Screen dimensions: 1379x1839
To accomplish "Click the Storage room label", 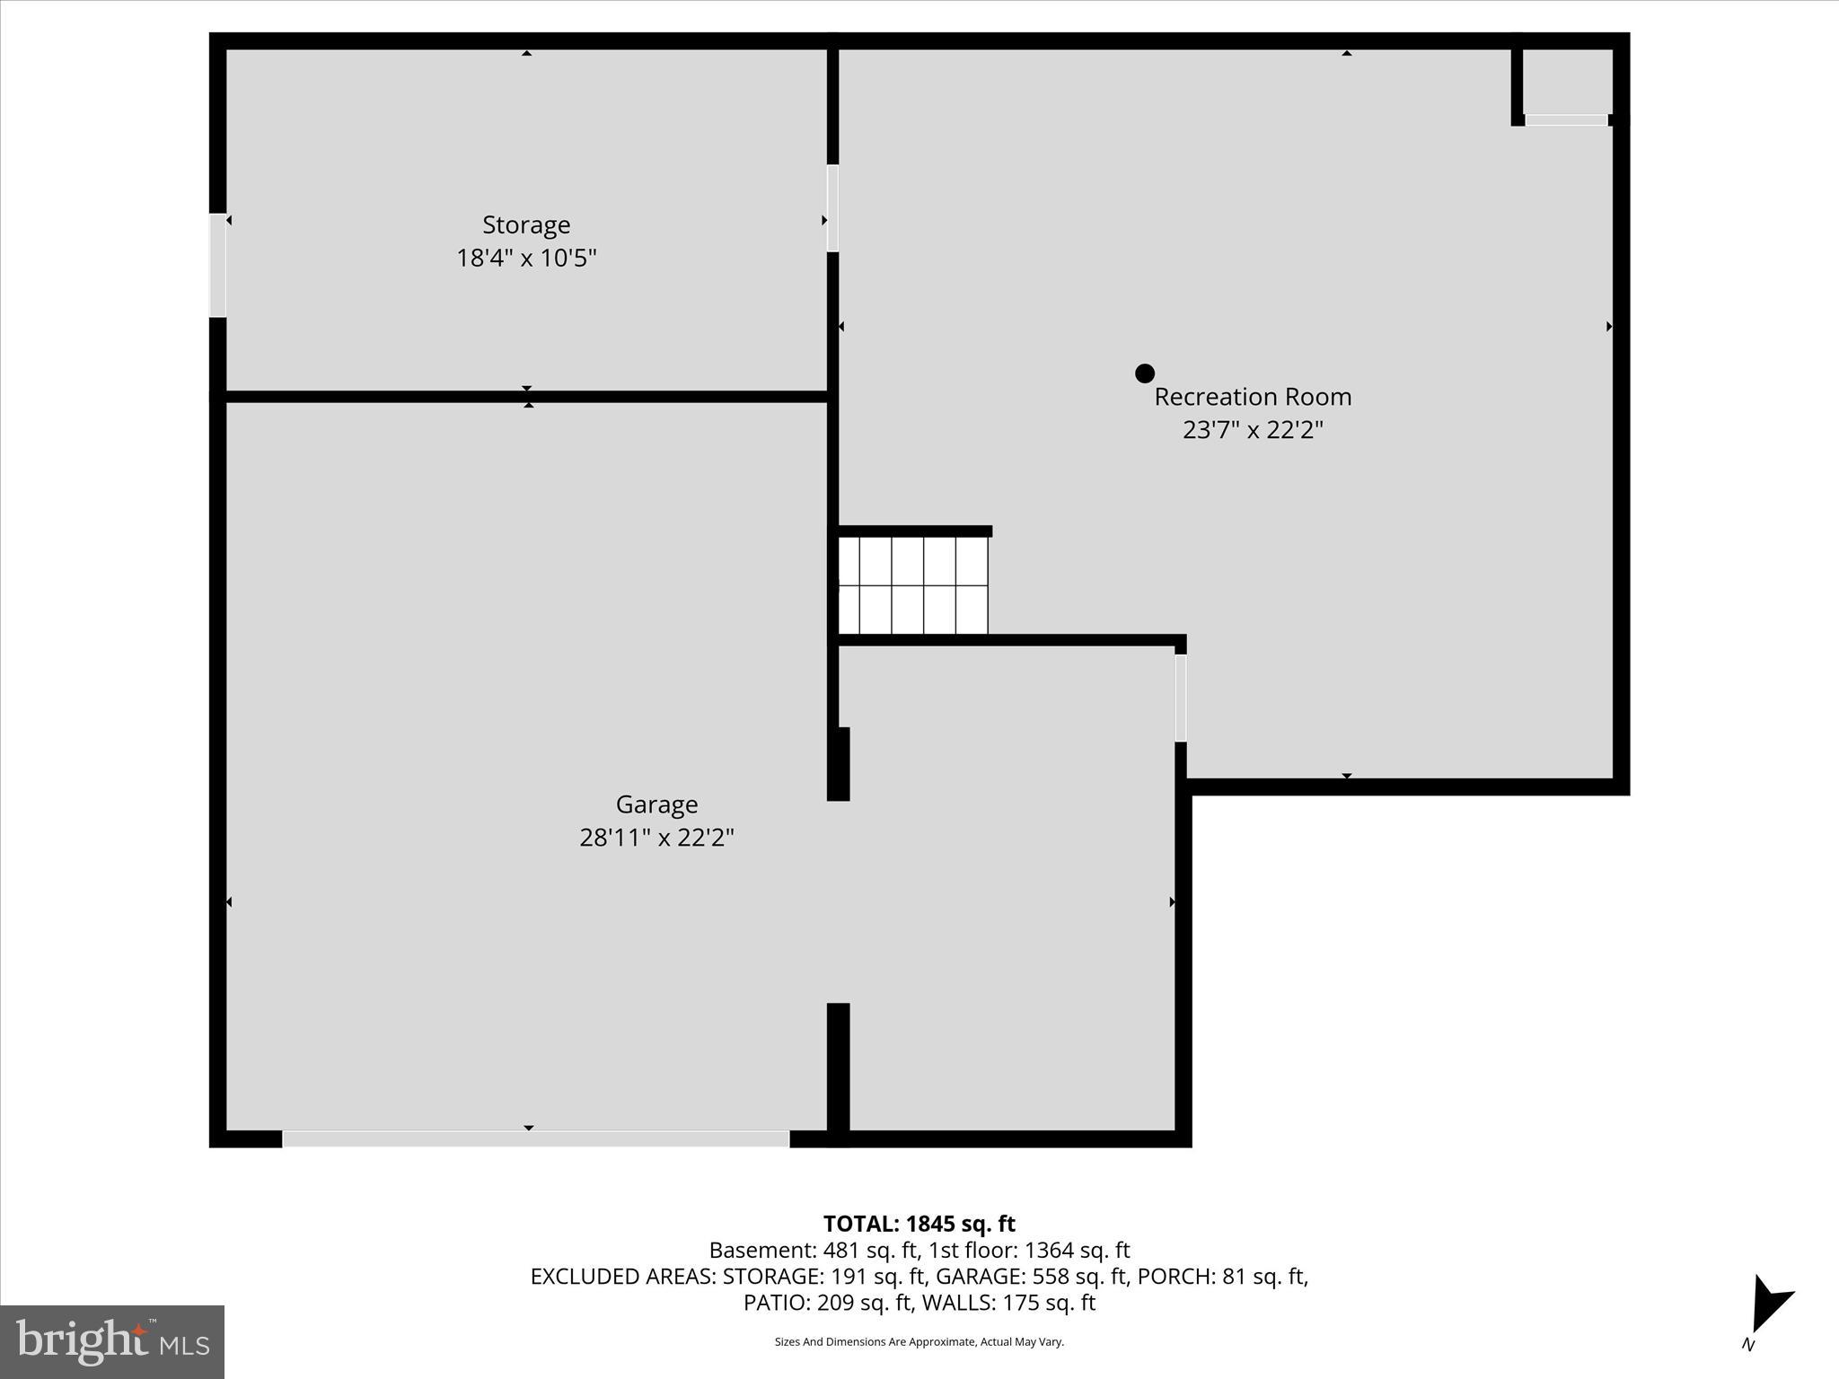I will (526, 224).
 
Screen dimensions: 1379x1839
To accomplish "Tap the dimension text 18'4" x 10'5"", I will (526, 259).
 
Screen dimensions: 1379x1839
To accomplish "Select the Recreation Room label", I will (1253, 397).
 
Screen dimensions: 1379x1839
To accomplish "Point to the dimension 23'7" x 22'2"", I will (1253, 430).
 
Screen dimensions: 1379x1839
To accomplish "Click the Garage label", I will (656, 804).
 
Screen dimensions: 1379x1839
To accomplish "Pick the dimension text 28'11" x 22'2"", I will (656, 838).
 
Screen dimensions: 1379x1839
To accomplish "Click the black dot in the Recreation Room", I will (1144, 373).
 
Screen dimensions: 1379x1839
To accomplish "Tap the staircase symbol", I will (912, 585).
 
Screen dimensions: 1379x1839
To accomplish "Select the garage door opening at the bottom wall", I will (536, 1139).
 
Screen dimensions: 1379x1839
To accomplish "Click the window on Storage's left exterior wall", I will (217, 266).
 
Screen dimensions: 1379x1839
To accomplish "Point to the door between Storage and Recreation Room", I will (832, 208).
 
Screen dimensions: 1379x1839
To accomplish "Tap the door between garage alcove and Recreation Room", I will (1181, 698).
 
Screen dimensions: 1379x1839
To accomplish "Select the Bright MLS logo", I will (112, 1341).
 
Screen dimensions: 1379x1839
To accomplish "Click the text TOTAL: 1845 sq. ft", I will (919, 1224).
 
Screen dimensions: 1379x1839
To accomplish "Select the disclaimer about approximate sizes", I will (919, 1341).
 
